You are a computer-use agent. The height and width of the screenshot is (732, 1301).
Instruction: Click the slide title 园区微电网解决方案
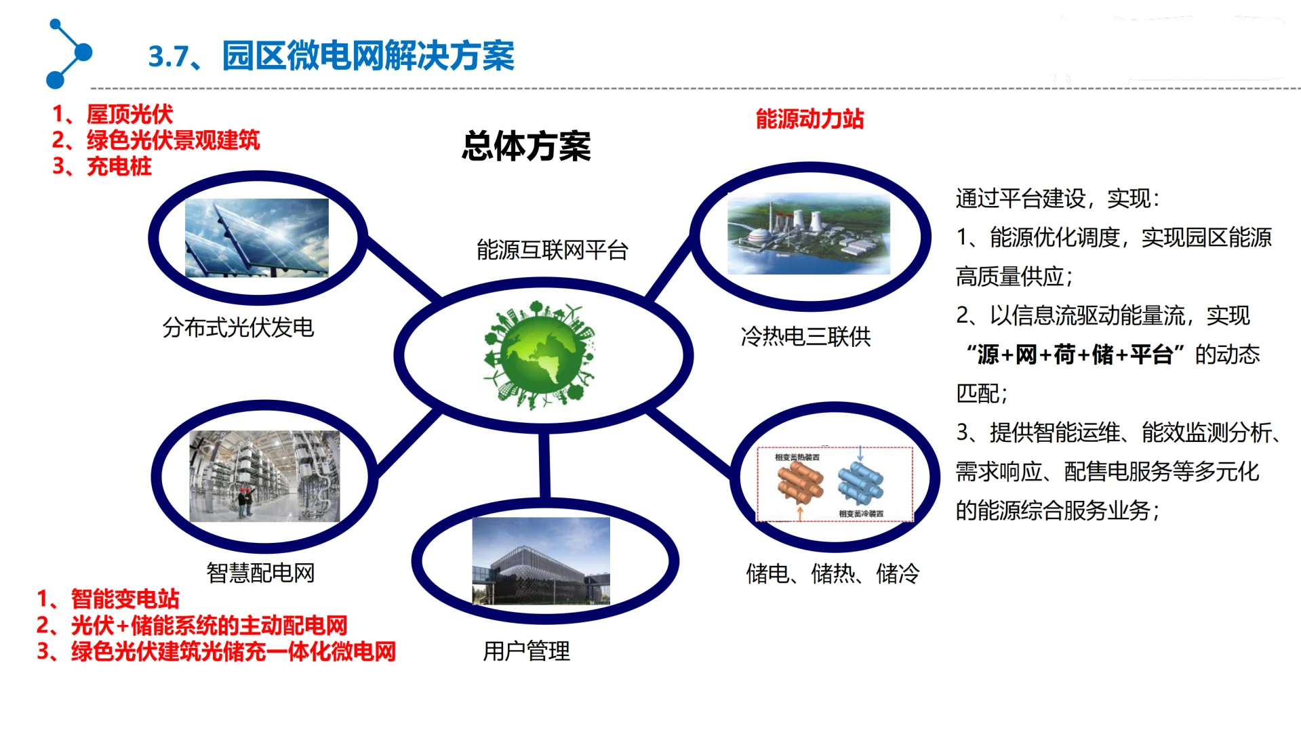point(368,56)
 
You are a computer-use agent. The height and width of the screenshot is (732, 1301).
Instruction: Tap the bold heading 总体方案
point(526,146)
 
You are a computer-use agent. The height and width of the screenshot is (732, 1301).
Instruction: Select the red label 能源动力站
point(809,119)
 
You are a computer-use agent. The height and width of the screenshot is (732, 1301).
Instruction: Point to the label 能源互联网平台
point(552,250)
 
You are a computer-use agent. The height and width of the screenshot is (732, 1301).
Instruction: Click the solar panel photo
point(256,237)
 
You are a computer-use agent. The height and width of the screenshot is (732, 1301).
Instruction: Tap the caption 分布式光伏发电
point(238,328)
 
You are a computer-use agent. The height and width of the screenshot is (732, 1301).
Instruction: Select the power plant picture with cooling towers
point(808,234)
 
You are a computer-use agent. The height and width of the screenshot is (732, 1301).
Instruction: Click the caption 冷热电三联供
point(805,336)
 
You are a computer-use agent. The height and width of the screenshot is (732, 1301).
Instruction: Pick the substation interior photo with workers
point(264,476)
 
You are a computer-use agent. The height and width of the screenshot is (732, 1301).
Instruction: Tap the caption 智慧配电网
point(260,573)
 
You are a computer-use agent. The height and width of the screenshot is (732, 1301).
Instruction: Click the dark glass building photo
point(540,561)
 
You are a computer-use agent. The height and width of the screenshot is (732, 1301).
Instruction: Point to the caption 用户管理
point(526,651)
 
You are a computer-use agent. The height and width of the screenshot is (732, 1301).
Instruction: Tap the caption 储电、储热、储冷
point(833,574)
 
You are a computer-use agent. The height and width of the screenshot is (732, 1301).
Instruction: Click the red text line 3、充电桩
point(102,166)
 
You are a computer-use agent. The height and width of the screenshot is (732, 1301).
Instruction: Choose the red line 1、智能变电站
point(108,598)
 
